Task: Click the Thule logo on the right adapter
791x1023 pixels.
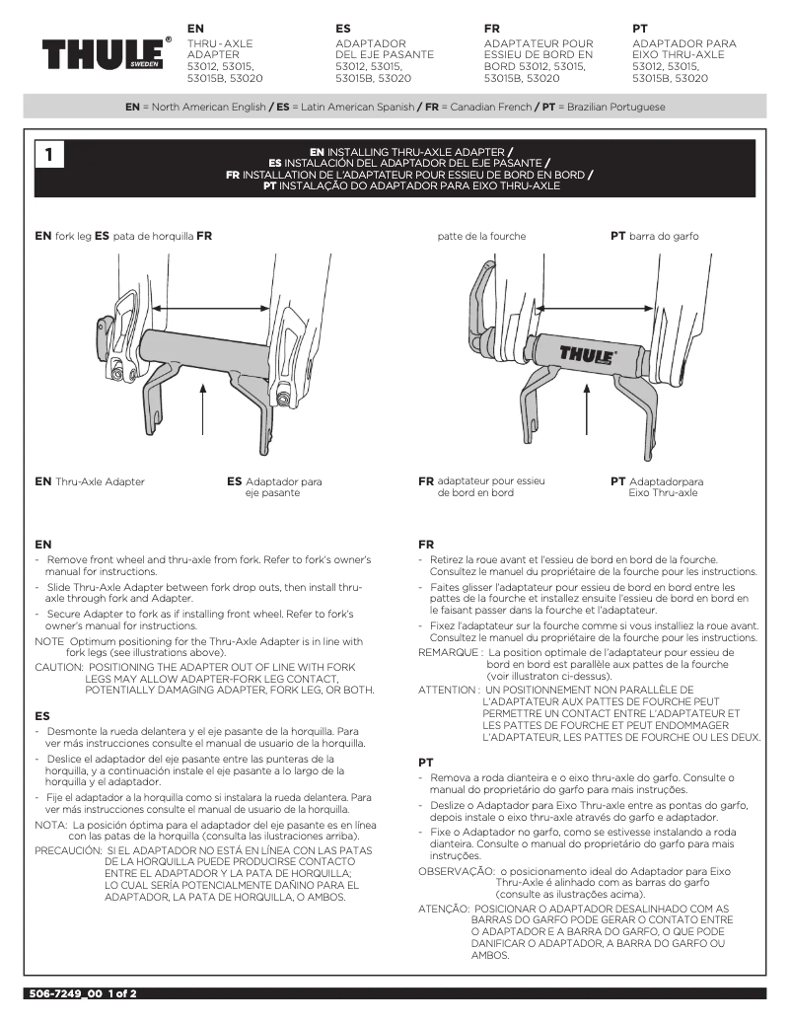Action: click(588, 353)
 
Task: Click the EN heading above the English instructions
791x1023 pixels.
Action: click(42, 544)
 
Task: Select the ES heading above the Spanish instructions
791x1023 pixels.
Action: click(42, 714)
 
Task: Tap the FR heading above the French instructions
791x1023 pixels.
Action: click(426, 544)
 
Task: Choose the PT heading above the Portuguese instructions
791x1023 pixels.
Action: click(426, 763)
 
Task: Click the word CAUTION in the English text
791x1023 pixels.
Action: click(60, 666)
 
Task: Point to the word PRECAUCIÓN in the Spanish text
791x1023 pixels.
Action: click(68, 848)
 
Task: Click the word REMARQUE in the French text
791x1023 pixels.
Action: click(450, 652)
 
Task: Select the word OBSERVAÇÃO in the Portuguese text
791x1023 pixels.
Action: click(456, 871)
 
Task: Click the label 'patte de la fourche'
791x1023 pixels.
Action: click(481, 237)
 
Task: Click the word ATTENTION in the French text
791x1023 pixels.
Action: click(448, 689)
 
